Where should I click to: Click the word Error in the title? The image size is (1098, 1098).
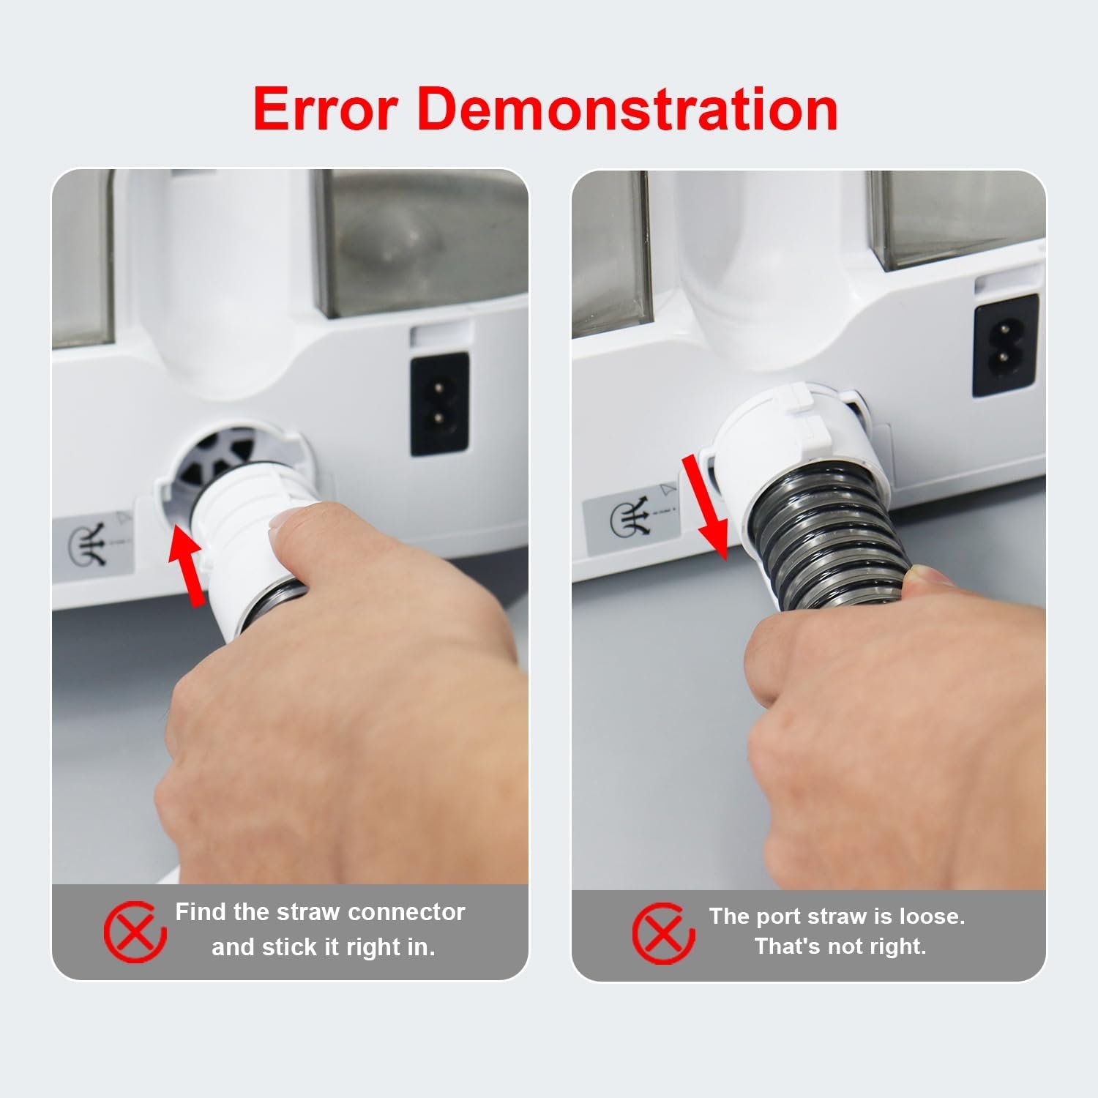tap(325, 109)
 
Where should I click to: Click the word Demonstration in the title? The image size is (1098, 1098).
tap(627, 109)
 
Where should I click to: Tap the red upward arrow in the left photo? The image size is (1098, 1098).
tap(187, 567)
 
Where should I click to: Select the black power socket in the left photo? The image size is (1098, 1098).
tap(439, 404)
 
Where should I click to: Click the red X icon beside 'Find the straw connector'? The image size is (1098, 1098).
tap(135, 932)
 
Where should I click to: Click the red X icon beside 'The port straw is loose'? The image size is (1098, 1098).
tap(663, 933)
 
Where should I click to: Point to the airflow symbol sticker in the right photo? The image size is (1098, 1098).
tap(629, 522)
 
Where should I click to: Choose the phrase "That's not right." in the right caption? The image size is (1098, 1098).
tap(840, 946)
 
